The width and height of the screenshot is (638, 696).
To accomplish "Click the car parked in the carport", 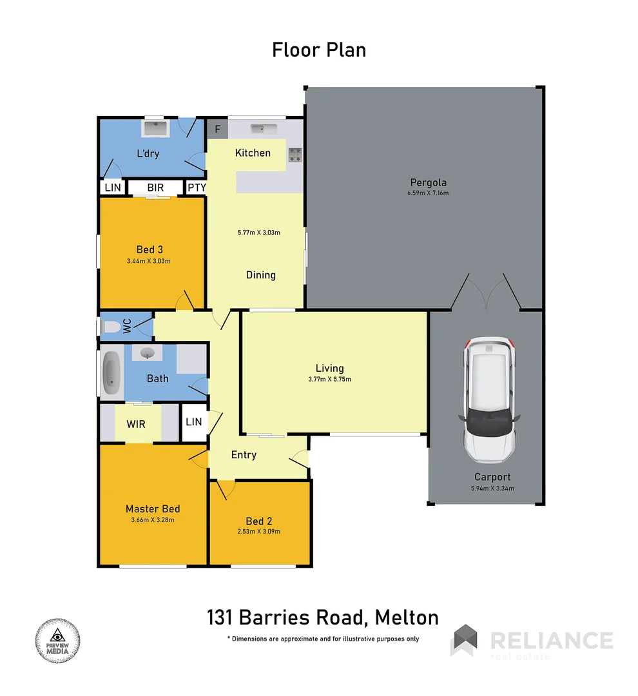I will point(488,400).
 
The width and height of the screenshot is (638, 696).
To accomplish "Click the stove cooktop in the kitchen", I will point(295,154).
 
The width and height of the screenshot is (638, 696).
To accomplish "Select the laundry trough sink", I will point(155,129).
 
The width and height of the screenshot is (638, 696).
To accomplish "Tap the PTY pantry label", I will point(196,188).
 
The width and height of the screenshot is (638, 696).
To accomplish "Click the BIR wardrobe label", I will point(155,188).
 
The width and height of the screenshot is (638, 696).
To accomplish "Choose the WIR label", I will point(135,425).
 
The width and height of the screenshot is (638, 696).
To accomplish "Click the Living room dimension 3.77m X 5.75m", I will point(329,380).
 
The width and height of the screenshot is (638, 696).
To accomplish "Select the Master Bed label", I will point(153,508).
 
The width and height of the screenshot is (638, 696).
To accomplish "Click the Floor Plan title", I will point(319,50).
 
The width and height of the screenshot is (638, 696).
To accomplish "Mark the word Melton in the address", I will point(405,617).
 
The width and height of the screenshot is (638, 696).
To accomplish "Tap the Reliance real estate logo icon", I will point(465,640).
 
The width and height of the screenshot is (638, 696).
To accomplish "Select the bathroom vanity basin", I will point(148,353).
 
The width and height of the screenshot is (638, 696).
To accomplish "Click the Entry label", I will point(244,455).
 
